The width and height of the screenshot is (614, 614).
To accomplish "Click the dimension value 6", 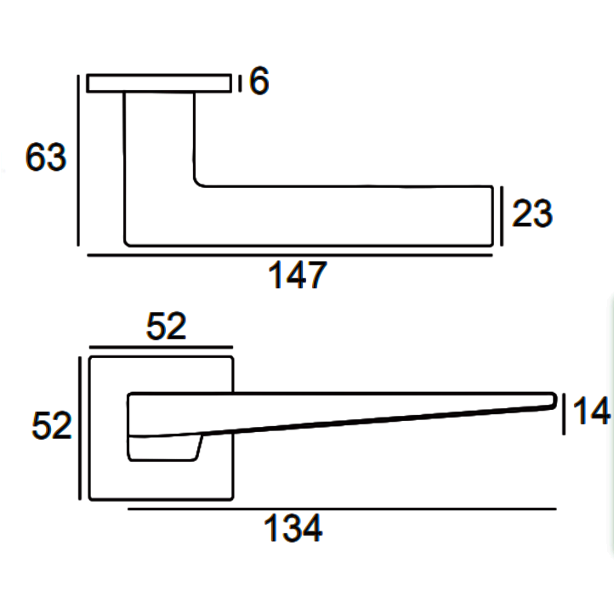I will (259, 82).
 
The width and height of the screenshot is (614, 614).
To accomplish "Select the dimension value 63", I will (46, 158).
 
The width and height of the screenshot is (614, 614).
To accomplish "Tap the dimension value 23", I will (532, 214).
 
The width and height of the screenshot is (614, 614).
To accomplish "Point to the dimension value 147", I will (297, 276).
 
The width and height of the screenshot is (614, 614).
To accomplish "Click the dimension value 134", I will (293, 530).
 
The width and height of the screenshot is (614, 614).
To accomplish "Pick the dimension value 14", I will (590, 412).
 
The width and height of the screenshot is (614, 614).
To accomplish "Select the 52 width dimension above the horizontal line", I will (165, 327).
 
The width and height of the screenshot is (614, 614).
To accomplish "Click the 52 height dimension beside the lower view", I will (51, 425).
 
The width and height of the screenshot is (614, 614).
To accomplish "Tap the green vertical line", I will (611, 425).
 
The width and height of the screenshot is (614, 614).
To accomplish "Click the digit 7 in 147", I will (316, 276).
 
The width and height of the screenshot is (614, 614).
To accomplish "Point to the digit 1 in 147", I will (275, 276).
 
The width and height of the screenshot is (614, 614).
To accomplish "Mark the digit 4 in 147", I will (294, 276).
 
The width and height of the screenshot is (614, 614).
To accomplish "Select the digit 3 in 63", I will (56, 158).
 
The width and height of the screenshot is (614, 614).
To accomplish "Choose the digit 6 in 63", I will (36, 158).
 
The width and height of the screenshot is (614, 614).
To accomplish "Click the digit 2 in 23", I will (521, 214).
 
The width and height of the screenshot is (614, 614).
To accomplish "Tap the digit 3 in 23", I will (542, 214).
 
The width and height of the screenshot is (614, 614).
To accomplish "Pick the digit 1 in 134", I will (271, 530).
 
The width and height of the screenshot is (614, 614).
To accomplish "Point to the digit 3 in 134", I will (292, 530).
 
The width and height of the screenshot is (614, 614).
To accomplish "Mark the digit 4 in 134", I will (312, 530).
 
